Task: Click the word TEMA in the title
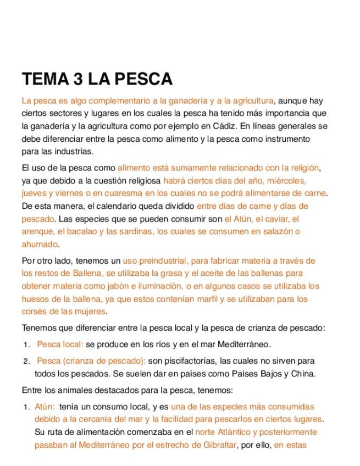pos(45,79)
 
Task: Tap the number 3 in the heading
pos(78,79)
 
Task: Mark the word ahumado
pos(40,244)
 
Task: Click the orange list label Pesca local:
pos(60,345)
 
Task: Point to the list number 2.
pos(26,362)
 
